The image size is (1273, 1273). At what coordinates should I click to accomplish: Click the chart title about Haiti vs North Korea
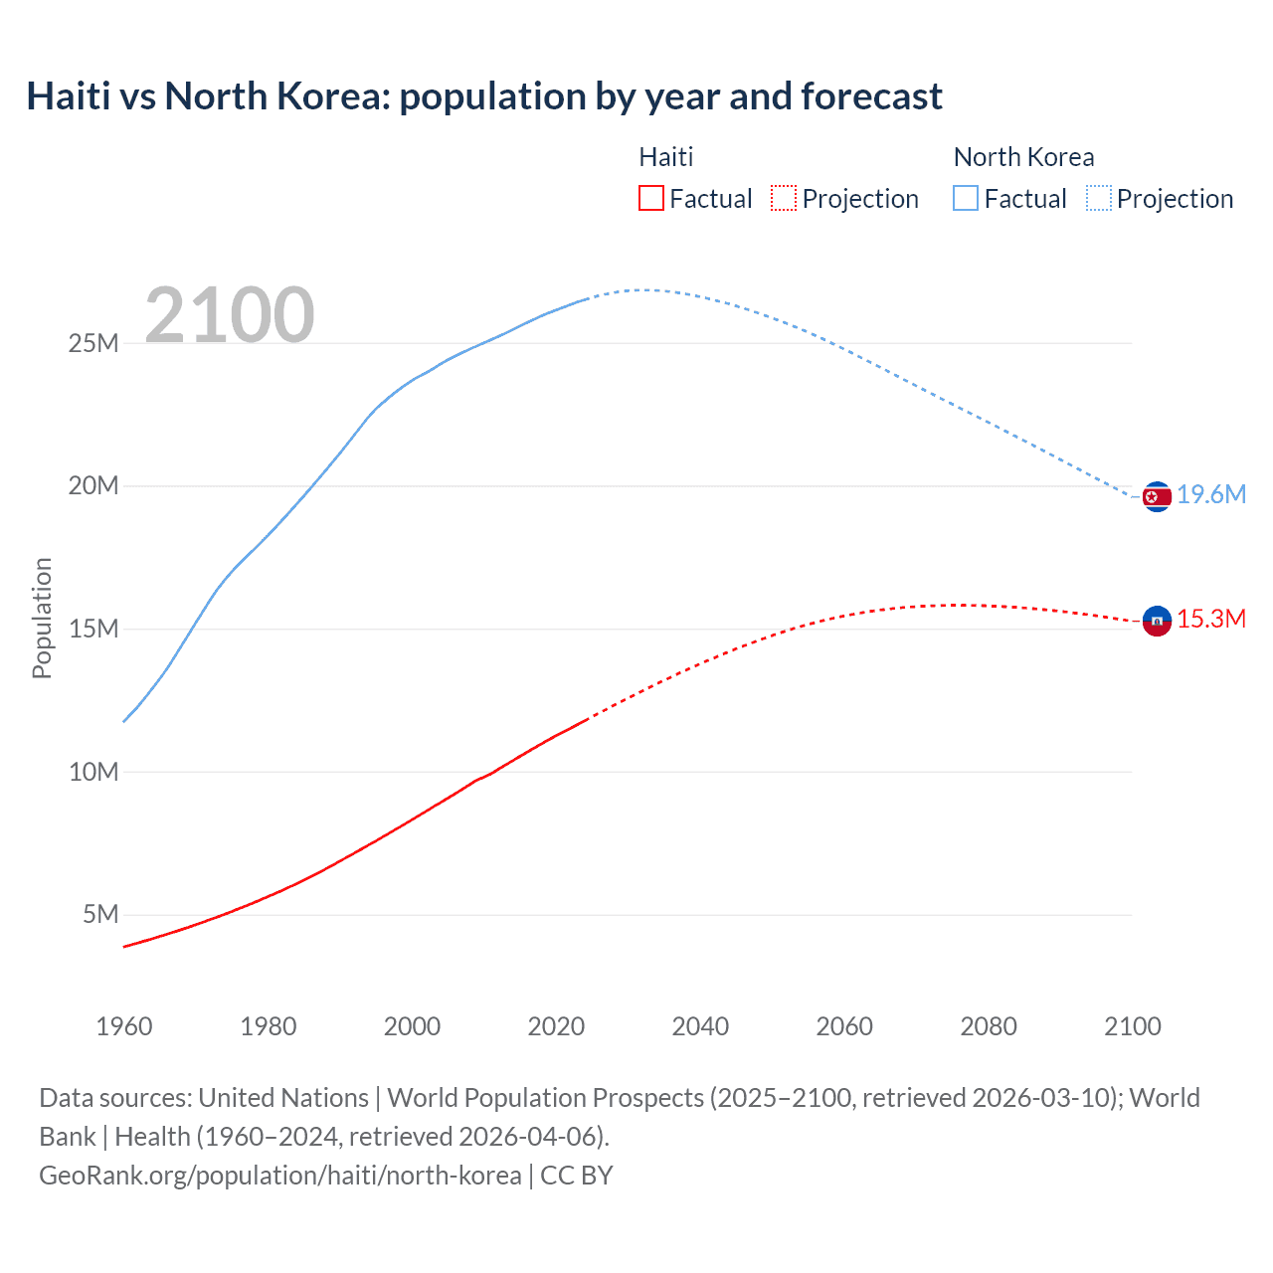coord(484,96)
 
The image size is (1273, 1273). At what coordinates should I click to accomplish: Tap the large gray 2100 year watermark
coord(230,315)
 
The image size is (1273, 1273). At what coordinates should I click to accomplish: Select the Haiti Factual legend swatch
coord(651,198)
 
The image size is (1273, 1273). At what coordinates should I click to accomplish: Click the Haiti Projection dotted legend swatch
coord(784,198)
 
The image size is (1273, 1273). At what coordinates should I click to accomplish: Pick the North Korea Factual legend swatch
coord(966,198)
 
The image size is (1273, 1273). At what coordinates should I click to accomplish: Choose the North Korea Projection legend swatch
coord(1099,198)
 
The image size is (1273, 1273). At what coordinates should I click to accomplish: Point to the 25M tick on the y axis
coord(93,343)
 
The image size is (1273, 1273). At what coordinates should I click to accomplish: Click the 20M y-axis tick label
coord(93,485)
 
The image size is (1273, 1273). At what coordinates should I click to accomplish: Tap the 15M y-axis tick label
coord(93,629)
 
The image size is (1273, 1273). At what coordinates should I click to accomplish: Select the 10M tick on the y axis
coord(93,772)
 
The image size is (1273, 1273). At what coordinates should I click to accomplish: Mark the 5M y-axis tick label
coord(100,914)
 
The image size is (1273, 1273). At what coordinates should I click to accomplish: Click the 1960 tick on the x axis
coord(124,1026)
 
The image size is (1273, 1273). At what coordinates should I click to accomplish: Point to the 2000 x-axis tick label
coord(413,1026)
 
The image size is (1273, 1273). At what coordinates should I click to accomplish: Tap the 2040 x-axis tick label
coord(700,1026)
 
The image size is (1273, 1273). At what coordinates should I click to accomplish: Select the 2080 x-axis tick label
coord(989,1026)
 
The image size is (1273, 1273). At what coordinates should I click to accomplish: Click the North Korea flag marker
coord(1157,496)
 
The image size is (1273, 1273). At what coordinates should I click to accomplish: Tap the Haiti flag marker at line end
coord(1157,621)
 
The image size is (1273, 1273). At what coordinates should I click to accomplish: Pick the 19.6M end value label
coord(1211,494)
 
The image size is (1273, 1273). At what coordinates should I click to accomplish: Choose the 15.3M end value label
coord(1211,619)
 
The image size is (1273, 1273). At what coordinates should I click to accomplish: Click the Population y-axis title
coord(42,618)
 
